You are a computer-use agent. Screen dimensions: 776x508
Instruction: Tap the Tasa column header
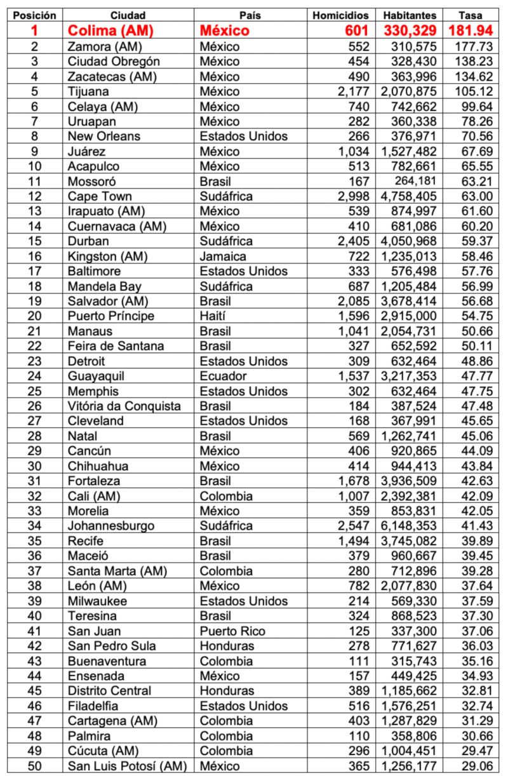[471, 15]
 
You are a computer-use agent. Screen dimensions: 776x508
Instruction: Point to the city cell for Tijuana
[88, 91]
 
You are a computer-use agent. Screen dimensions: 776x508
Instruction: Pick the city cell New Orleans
[104, 136]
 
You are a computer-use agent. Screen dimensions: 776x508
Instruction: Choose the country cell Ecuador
[223, 376]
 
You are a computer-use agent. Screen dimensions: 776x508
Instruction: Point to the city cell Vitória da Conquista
[124, 406]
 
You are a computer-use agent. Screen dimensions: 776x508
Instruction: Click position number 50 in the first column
[34, 766]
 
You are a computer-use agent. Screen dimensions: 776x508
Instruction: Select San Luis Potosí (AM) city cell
[127, 766]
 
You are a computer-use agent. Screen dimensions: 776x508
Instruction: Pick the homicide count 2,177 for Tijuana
[354, 91]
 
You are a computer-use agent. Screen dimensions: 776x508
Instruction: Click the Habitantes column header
[410, 15]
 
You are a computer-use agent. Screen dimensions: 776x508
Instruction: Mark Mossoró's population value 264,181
[416, 181]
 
